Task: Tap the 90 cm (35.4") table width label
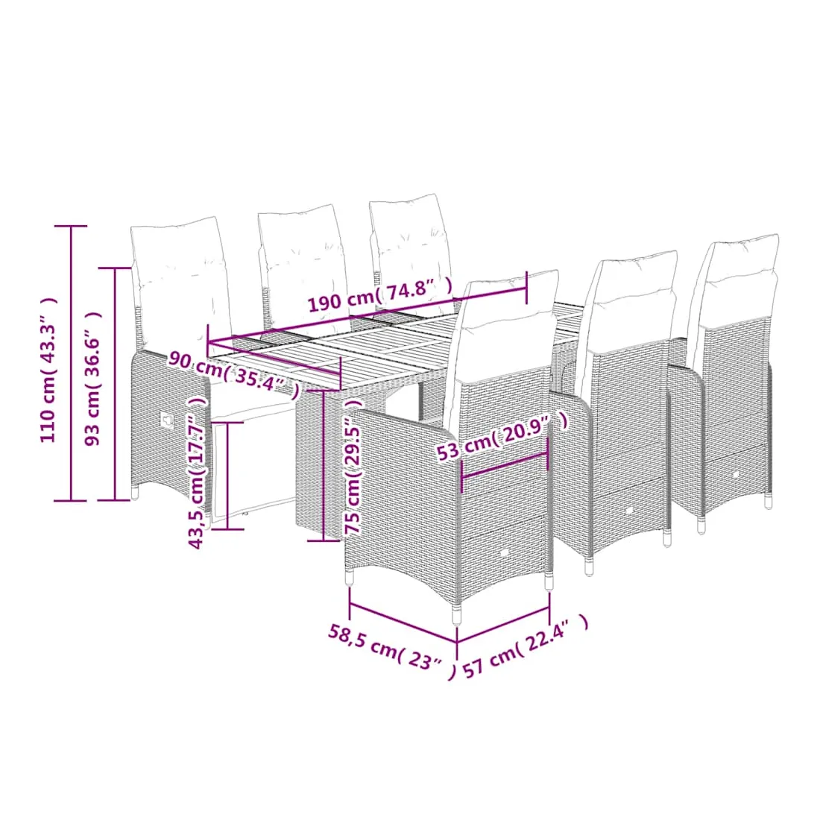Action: pyautogui.click(x=234, y=373)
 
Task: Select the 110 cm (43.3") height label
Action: pyautogui.click(x=48, y=370)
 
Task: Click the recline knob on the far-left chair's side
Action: pyautogui.click(x=168, y=419)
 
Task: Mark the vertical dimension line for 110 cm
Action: pyautogui.click(x=71, y=364)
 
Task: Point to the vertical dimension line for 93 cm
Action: pyautogui.click(x=115, y=385)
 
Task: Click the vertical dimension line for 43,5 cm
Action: pyautogui.click(x=229, y=476)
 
